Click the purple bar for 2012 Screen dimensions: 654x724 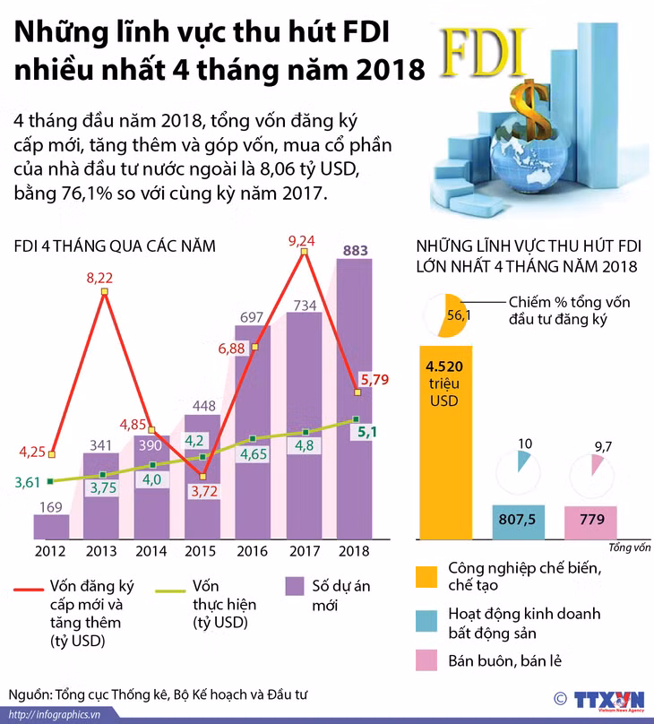51,526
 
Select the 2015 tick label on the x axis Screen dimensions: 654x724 201,551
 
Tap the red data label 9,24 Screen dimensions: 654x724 301,240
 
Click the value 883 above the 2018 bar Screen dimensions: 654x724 356,250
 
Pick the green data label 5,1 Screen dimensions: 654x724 367,432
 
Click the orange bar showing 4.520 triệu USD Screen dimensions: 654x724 446,443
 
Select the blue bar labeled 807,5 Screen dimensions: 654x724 519,521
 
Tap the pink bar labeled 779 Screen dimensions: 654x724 590,522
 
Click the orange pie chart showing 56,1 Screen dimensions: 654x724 446,315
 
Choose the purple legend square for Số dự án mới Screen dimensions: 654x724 295,586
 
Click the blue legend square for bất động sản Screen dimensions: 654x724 426,621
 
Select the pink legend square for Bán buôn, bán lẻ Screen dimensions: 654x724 426,660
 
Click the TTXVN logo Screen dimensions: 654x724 609,700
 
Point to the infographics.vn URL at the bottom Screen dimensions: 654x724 55,715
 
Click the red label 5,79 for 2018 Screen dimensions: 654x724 374,380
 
